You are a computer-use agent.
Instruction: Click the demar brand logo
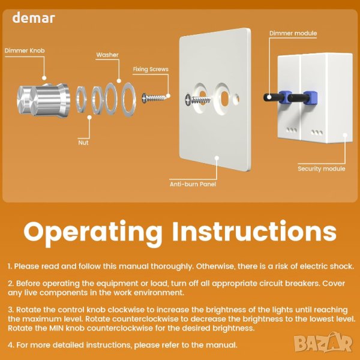tap(34, 18)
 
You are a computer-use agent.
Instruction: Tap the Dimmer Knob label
tap(25, 50)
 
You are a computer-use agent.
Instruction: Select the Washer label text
tap(107, 55)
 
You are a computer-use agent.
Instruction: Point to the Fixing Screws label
tap(151, 69)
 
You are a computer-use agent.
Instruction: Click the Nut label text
tap(83, 143)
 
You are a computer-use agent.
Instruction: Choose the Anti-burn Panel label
tap(193, 184)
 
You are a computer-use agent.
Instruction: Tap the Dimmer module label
tap(293, 33)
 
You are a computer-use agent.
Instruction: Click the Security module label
tap(322, 169)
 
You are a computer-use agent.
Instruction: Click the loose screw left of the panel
tap(154, 98)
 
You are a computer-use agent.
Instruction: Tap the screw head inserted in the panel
tap(189, 100)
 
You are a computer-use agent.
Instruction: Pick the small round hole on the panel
tap(236, 99)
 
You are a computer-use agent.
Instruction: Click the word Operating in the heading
tap(93, 232)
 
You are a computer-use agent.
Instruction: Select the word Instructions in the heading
tap(254, 231)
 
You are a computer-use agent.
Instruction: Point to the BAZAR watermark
tap(323, 343)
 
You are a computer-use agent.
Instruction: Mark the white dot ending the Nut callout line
tap(89, 118)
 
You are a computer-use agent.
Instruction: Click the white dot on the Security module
tap(345, 135)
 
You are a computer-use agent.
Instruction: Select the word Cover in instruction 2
tap(334, 283)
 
